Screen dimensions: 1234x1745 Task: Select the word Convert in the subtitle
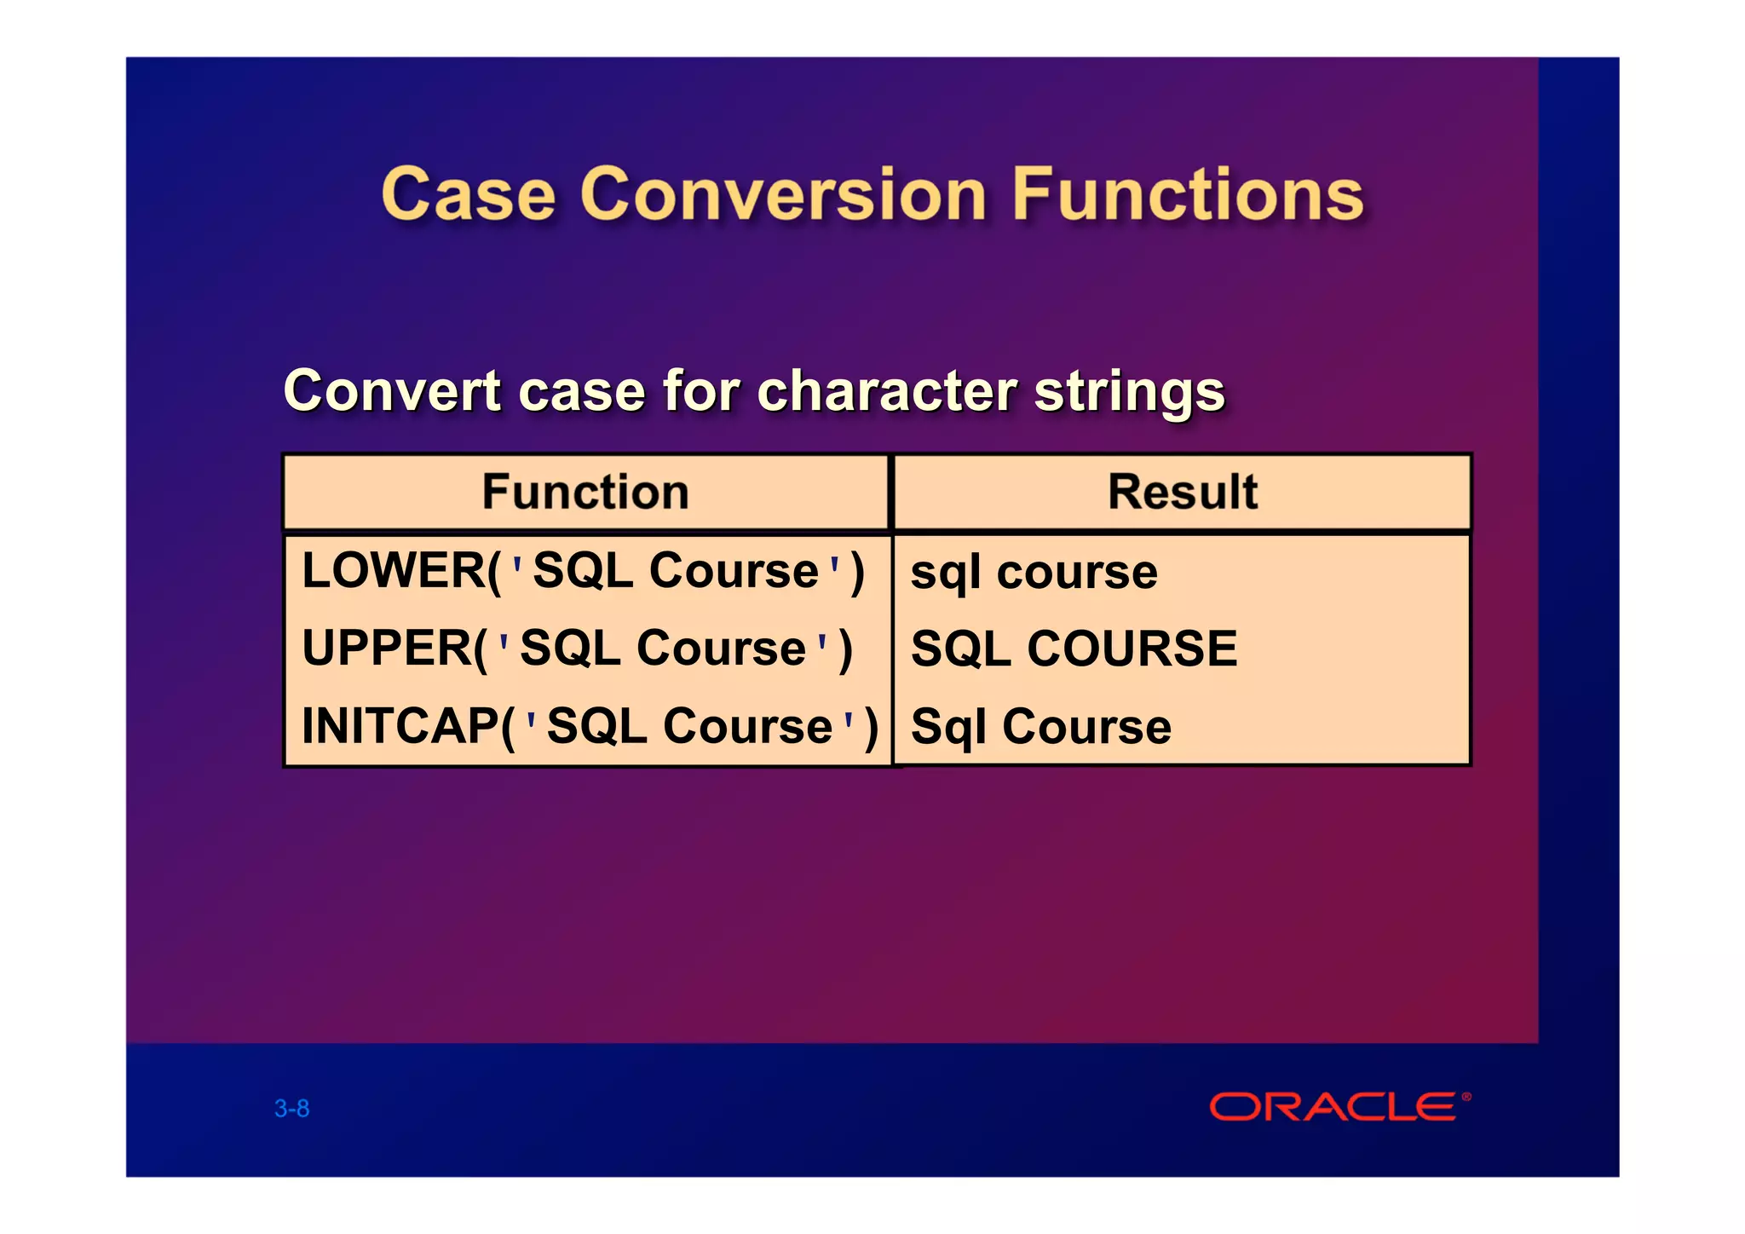pyautogui.click(x=392, y=391)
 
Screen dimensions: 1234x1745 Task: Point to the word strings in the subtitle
pyautogui.click(x=1129, y=391)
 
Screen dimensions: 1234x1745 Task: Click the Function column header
pyautogui.click(x=585, y=492)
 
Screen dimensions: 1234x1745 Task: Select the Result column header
pyautogui.click(x=1182, y=492)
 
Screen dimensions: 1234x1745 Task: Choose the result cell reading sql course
pyautogui.click(x=1034, y=572)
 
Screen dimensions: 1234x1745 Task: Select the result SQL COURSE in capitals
pyautogui.click(x=1074, y=649)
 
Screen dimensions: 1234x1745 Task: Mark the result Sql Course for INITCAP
pyautogui.click(x=1040, y=727)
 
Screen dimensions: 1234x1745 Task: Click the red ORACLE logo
pyautogui.click(x=1333, y=1107)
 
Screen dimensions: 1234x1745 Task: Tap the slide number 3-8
pyautogui.click(x=291, y=1109)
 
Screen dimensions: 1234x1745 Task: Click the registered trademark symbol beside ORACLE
pyautogui.click(x=1466, y=1097)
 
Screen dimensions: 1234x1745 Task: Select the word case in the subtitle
pyautogui.click(x=580, y=391)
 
